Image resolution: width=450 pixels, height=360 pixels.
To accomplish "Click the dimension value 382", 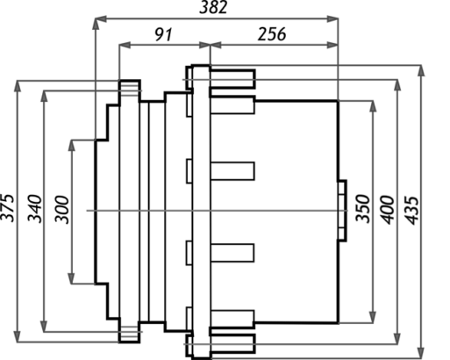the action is point(213,8).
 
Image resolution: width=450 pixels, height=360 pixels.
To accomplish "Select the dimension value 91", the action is point(163,34).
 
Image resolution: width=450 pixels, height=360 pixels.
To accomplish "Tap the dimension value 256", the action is point(272,34).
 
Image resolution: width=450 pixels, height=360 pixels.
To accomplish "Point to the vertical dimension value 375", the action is point(8,207).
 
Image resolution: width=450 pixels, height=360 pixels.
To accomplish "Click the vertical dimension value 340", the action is point(34,208).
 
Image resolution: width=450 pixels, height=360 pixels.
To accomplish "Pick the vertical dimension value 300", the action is point(62,210).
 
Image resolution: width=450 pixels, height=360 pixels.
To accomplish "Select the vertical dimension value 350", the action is point(363,208).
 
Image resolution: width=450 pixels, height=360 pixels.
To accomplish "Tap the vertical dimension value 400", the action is point(387,210).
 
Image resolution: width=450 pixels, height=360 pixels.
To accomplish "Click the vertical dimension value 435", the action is point(412,211).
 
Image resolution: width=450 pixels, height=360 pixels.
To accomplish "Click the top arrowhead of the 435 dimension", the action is point(421,71).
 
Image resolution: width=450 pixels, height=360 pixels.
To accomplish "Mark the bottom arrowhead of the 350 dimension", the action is point(373,317).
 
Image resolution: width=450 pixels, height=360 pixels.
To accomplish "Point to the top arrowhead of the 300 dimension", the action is point(71,146).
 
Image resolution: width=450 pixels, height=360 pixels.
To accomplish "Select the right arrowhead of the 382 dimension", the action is point(332,19).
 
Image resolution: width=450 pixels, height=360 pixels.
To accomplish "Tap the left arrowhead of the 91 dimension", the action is point(125,45).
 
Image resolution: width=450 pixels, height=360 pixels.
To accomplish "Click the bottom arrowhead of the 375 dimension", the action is point(18,336).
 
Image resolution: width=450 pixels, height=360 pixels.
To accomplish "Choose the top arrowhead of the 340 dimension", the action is point(44,97).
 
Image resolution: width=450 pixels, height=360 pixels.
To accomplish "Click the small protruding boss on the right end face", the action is point(342,211).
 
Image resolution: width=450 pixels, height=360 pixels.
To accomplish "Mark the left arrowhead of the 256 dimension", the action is point(216,45).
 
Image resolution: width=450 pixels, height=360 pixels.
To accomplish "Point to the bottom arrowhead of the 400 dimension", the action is point(397,338).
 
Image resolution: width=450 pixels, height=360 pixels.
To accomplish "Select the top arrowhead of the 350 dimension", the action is point(373,106).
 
